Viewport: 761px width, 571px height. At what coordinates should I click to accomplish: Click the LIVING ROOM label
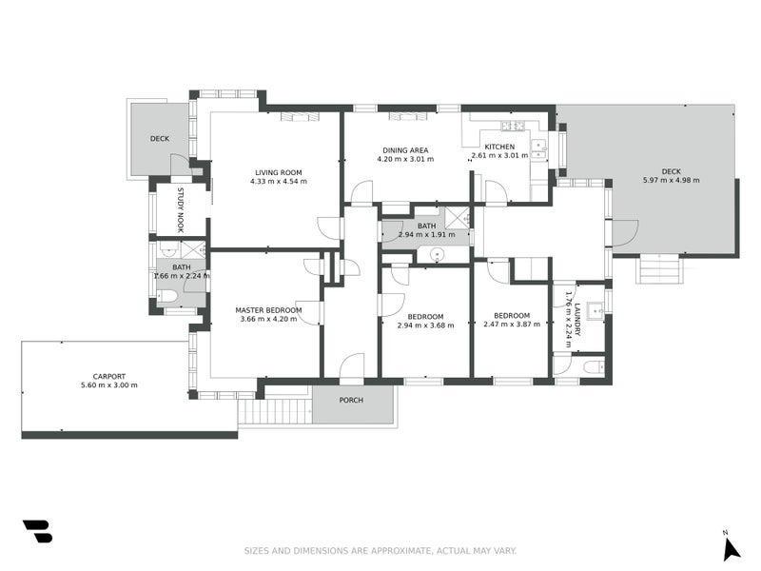279,172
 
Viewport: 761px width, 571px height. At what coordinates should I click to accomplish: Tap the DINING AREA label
405,150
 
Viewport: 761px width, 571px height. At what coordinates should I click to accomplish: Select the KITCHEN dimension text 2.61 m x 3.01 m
500,156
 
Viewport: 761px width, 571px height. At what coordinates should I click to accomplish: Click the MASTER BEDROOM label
268,310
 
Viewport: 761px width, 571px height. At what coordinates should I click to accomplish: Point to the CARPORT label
109,376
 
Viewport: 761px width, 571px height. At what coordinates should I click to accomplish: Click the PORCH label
351,400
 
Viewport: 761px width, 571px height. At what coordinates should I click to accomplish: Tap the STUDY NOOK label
181,210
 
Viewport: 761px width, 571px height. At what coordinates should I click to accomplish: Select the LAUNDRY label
577,320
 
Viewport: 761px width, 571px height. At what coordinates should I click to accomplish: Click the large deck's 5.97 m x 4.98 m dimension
672,180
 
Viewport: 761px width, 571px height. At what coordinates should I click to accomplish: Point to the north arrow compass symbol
731,549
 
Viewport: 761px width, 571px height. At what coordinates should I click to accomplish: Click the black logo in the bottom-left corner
37,531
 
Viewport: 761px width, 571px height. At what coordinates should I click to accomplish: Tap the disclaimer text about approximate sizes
380,551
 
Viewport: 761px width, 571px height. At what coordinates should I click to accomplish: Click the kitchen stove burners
513,127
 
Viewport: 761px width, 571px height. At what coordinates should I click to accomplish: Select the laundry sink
595,310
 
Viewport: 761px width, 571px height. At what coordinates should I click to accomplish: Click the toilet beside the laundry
593,367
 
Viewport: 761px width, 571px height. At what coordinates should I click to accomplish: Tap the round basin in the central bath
438,254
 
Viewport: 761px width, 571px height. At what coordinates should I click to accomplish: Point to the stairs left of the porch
274,411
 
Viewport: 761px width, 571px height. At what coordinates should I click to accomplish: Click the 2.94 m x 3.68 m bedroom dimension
425,325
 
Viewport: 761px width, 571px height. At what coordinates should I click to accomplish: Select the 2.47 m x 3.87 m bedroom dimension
512,324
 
